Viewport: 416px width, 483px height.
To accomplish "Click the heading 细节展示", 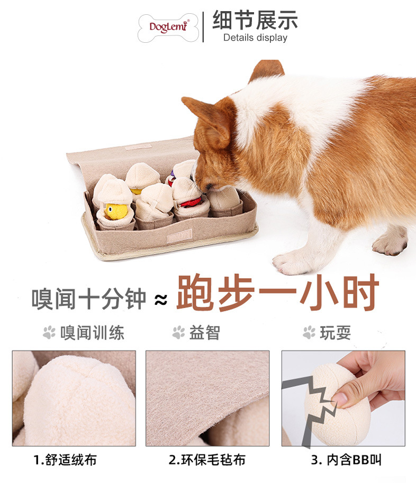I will click(x=255, y=20).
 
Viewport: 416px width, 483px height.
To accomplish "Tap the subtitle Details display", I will click(x=255, y=38).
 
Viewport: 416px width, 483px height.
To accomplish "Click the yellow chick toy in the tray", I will click(x=116, y=211).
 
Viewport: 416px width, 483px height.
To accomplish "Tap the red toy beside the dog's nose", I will click(x=191, y=202).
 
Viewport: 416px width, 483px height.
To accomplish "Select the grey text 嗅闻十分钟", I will click(x=88, y=300).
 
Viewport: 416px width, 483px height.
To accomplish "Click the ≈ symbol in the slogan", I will click(x=160, y=301).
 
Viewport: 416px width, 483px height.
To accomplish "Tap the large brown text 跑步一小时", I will click(x=278, y=293).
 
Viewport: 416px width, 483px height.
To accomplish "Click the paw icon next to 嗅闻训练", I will click(x=49, y=332).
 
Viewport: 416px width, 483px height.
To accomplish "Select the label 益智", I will click(x=204, y=332).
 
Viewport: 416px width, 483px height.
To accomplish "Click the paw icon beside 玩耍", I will click(x=309, y=332).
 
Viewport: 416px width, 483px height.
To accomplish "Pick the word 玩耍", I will click(x=336, y=332).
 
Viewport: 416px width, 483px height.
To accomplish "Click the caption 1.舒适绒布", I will click(x=65, y=460).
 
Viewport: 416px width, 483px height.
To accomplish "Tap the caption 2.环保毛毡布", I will click(x=207, y=460).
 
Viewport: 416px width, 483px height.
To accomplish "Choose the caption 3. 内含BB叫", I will click(x=346, y=460).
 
